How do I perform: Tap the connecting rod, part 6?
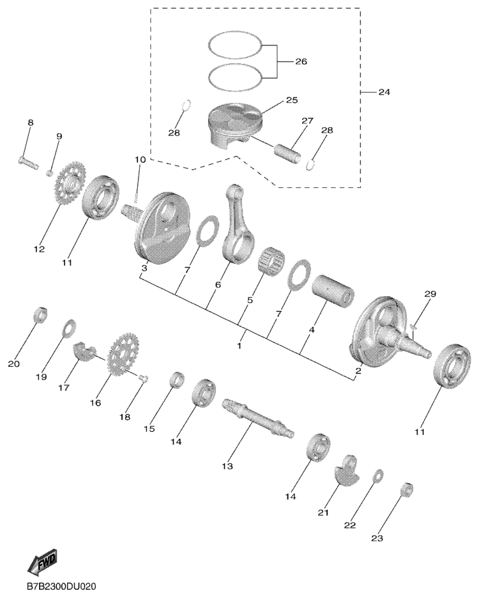[238, 223]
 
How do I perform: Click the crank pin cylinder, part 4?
[333, 290]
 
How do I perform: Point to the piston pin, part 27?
[288, 151]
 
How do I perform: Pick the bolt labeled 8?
[29, 162]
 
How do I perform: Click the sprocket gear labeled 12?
[70, 183]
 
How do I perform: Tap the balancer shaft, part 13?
[259, 418]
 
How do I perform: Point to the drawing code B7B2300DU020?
[61, 586]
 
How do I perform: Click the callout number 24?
[384, 92]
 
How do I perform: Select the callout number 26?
[301, 61]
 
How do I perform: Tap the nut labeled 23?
[407, 489]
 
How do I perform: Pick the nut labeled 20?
[40, 314]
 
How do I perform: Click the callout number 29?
[430, 294]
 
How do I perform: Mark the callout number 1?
[239, 346]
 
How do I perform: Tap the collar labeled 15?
[177, 379]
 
